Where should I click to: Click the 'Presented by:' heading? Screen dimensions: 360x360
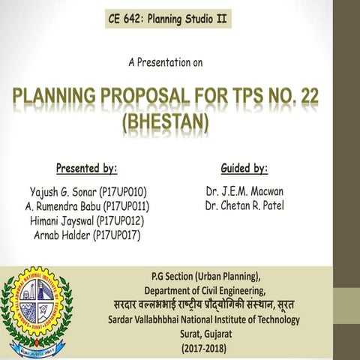click(x=86, y=167)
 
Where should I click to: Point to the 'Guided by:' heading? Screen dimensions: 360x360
click(x=244, y=167)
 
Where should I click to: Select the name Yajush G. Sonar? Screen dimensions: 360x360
click(x=61, y=191)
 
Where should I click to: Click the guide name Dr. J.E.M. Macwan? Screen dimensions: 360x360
click(x=244, y=191)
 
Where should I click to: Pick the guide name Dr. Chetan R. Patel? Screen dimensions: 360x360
click(x=244, y=206)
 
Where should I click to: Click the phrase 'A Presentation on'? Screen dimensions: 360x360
click(x=165, y=63)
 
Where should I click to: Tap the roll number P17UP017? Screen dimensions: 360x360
click(x=120, y=236)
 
